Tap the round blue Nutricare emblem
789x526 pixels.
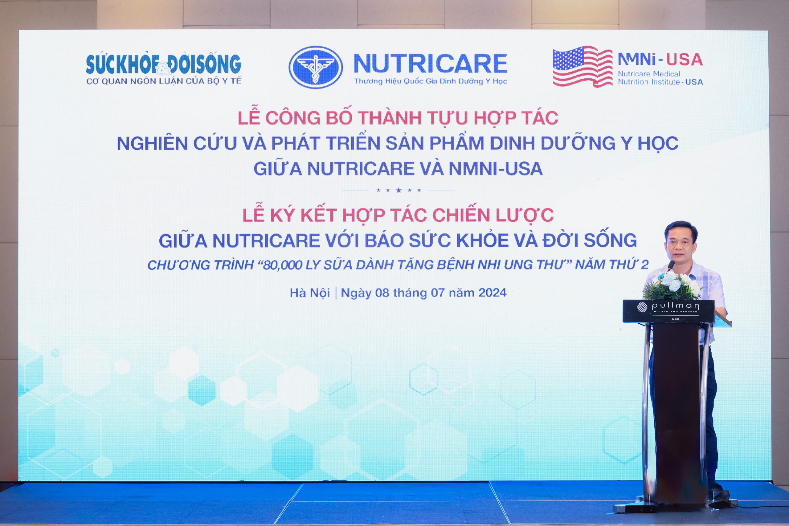click(x=316, y=67)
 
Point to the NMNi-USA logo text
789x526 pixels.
click(x=660, y=60)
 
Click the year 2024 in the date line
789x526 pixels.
click(x=492, y=293)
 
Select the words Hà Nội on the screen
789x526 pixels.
click(x=310, y=293)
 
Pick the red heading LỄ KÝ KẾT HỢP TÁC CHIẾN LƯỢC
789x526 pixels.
click(x=398, y=215)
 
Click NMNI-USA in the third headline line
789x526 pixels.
click(x=496, y=169)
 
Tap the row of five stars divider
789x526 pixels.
click(x=399, y=190)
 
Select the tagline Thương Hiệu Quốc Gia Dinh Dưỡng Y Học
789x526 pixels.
click(x=431, y=82)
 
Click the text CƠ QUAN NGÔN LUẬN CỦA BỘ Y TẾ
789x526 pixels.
click(x=164, y=81)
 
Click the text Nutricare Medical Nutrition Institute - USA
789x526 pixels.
click(x=660, y=78)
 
